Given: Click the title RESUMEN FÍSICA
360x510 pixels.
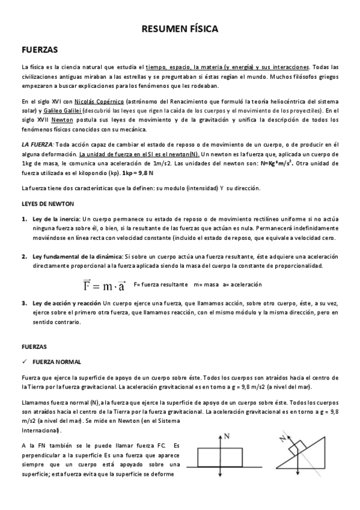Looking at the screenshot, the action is point(180,28).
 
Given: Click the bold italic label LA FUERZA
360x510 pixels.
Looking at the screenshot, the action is point(37,146).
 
